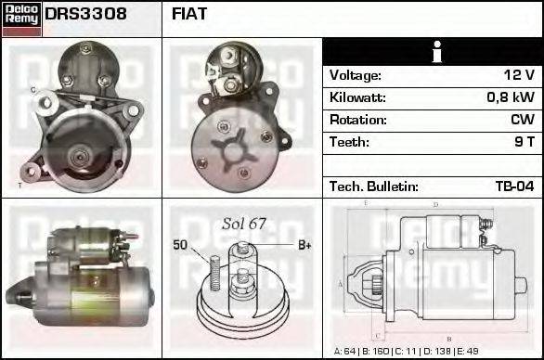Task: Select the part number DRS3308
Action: pyautogui.click(x=85, y=14)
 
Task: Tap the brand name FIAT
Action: pyautogui.click(x=189, y=14)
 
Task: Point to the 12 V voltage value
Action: pyautogui.click(x=518, y=75)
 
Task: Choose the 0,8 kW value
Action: pyautogui.click(x=511, y=97)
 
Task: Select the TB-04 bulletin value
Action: pyautogui.click(x=514, y=186)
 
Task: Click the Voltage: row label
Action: pyautogui.click(x=356, y=75)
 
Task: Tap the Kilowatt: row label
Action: pyautogui.click(x=357, y=97)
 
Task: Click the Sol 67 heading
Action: pyautogui.click(x=244, y=224)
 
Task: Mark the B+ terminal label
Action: pyautogui.click(x=304, y=245)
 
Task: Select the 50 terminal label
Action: pyautogui.click(x=180, y=245)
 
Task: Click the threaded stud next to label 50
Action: pyautogui.click(x=214, y=276)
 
